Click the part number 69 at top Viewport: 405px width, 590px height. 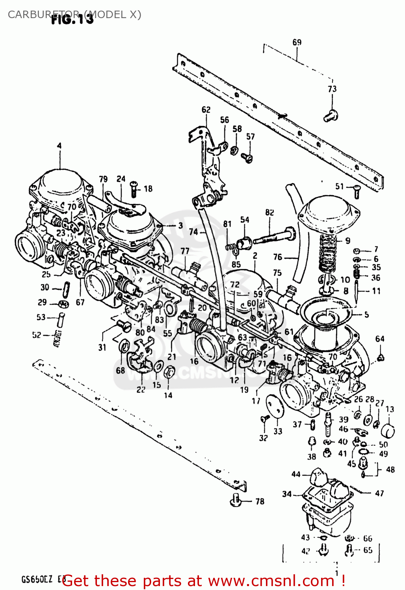pos(297,42)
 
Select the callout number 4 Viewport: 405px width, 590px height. pos(59,146)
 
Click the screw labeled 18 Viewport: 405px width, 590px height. pos(134,190)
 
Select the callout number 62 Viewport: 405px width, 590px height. pos(206,110)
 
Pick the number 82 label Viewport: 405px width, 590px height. pos(269,212)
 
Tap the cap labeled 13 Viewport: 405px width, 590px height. pos(388,430)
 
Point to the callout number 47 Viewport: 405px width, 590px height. pos(379,493)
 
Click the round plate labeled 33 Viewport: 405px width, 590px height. pos(275,406)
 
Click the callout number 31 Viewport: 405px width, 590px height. pos(102,347)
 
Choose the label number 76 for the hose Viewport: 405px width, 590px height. pos(278,257)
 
